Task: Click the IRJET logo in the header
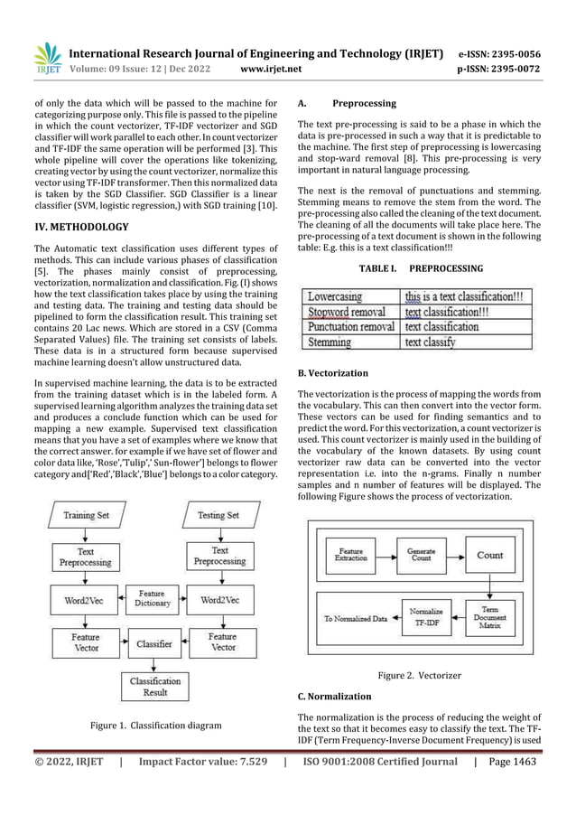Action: point(47,59)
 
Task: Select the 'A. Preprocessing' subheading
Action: point(347,104)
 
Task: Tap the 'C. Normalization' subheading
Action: point(334,697)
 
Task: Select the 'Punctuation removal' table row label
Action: point(351,326)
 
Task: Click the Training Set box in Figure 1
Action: point(87,516)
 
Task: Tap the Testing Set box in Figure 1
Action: point(219,516)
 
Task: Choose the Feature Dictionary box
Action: point(152,597)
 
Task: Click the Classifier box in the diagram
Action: point(153,644)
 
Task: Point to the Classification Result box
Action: point(153,688)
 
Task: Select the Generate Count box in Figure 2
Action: point(421,556)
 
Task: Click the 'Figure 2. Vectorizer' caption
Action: point(419,676)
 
